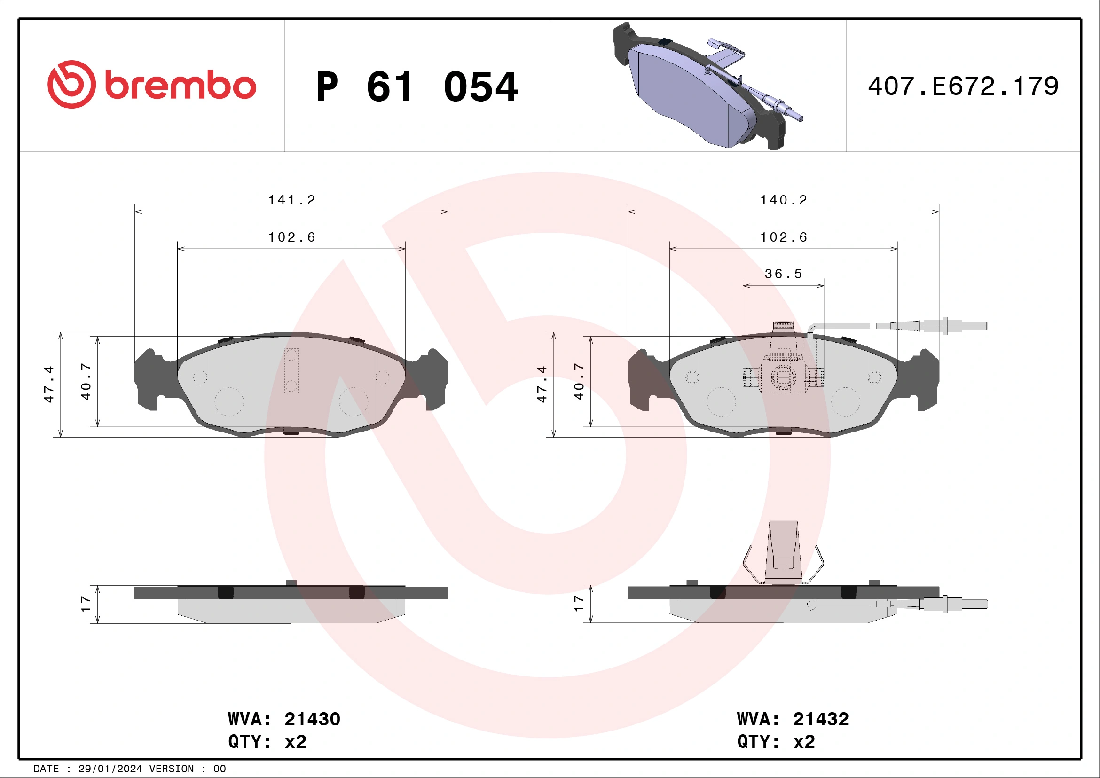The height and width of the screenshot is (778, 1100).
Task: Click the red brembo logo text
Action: pos(180,86)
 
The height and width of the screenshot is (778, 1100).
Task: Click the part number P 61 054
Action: pos(417,87)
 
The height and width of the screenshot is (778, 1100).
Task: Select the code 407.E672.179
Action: pos(963,86)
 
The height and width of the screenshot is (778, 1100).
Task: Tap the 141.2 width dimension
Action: pos(292,200)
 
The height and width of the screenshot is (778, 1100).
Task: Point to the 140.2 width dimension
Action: pos(784,200)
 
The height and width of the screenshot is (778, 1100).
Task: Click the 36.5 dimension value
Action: pos(783,274)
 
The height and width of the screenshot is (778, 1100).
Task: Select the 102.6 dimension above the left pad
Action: pos(292,237)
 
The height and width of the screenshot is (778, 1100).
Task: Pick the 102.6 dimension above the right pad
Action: pos(784,237)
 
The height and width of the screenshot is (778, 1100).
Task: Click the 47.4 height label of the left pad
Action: pos(49,384)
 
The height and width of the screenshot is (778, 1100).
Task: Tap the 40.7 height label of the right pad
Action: pos(579,381)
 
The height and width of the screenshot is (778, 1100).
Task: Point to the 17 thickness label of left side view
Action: pos(86,604)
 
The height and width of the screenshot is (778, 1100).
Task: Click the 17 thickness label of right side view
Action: pos(579,604)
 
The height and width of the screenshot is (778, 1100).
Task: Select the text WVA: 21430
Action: pos(284,720)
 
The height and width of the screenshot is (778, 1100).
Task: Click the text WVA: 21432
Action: pos(793,720)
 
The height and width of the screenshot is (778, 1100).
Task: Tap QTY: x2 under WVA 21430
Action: pos(267,742)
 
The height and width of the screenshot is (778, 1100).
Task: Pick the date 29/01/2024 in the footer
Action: pos(110,769)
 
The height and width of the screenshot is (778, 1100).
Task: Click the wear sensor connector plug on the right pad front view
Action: pos(953,326)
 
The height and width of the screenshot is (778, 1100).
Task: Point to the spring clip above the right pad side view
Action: pos(783,553)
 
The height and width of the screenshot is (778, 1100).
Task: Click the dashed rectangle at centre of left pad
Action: pos(291,370)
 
